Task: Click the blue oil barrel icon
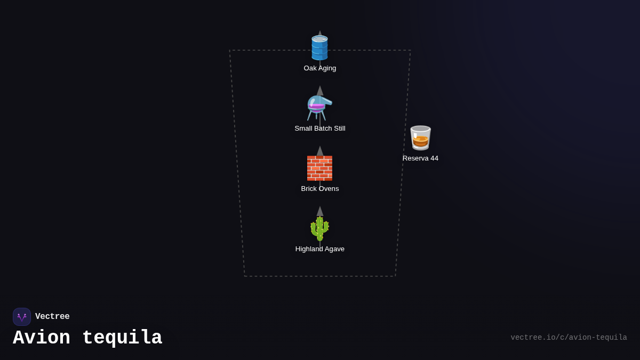319,47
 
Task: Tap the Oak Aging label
319,68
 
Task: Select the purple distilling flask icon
319,108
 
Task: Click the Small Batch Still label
319,129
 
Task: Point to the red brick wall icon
319,169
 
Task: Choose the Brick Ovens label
319,189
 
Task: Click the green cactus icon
319,229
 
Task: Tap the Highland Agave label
319,249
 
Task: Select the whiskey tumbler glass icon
420,138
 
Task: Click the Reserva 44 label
420,158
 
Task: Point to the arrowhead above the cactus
320,211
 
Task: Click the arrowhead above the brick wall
320,151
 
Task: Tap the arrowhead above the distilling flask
320,91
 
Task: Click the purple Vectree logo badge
22,317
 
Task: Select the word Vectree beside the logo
52,316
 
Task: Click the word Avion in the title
42,338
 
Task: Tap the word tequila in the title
122,338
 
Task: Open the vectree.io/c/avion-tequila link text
569,338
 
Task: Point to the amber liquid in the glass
420,141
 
